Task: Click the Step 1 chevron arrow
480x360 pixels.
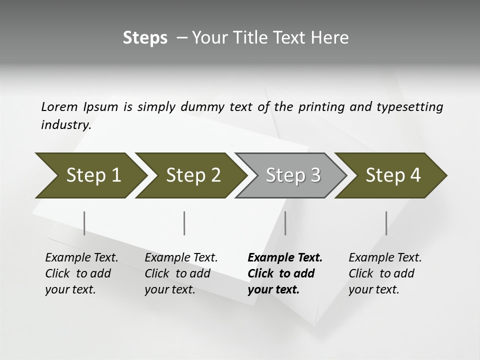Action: point(93,175)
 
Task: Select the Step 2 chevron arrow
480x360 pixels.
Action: point(193,175)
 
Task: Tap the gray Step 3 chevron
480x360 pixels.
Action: point(293,175)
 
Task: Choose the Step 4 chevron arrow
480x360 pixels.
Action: point(393,175)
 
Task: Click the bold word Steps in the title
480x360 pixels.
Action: point(145,37)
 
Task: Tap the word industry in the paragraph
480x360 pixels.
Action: point(66,124)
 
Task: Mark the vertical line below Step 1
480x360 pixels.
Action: point(84,223)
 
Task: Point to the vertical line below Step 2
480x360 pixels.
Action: point(184,223)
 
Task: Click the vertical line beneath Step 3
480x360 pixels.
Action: point(285,223)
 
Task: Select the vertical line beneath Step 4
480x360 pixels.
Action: point(386,223)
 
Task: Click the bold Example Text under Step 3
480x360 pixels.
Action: point(285,258)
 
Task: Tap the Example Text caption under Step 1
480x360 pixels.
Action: point(81,258)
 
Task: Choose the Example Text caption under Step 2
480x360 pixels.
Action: point(181,258)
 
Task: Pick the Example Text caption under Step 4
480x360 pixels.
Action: point(385,258)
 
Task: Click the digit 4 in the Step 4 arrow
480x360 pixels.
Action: point(414,175)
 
